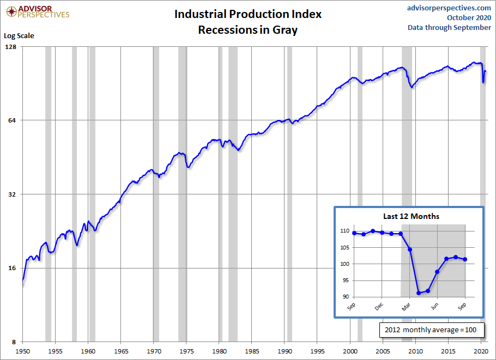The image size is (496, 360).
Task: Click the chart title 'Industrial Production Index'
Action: pyautogui.click(x=248, y=14)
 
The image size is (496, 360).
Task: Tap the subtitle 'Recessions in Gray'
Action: pyautogui.click(x=248, y=29)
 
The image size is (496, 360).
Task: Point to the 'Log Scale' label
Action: pyautogui.click(x=19, y=36)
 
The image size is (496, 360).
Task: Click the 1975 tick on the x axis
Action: pyautogui.click(x=186, y=351)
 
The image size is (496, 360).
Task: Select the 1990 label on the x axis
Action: pyautogui.click(x=285, y=351)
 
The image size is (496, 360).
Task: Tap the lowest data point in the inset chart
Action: pyautogui.click(x=419, y=293)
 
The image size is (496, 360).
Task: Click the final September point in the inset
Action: pyautogui.click(x=465, y=259)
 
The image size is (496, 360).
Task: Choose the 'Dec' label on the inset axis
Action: pyautogui.click(x=379, y=307)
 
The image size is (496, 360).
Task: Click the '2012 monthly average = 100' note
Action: pyautogui.click(x=431, y=330)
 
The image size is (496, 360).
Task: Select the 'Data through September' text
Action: pyautogui.click(x=449, y=28)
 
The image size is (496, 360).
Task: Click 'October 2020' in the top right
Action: pyautogui.click(x=469, y=17)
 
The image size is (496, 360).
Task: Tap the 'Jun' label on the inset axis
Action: pyautogui.click(x=434, y=307)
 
